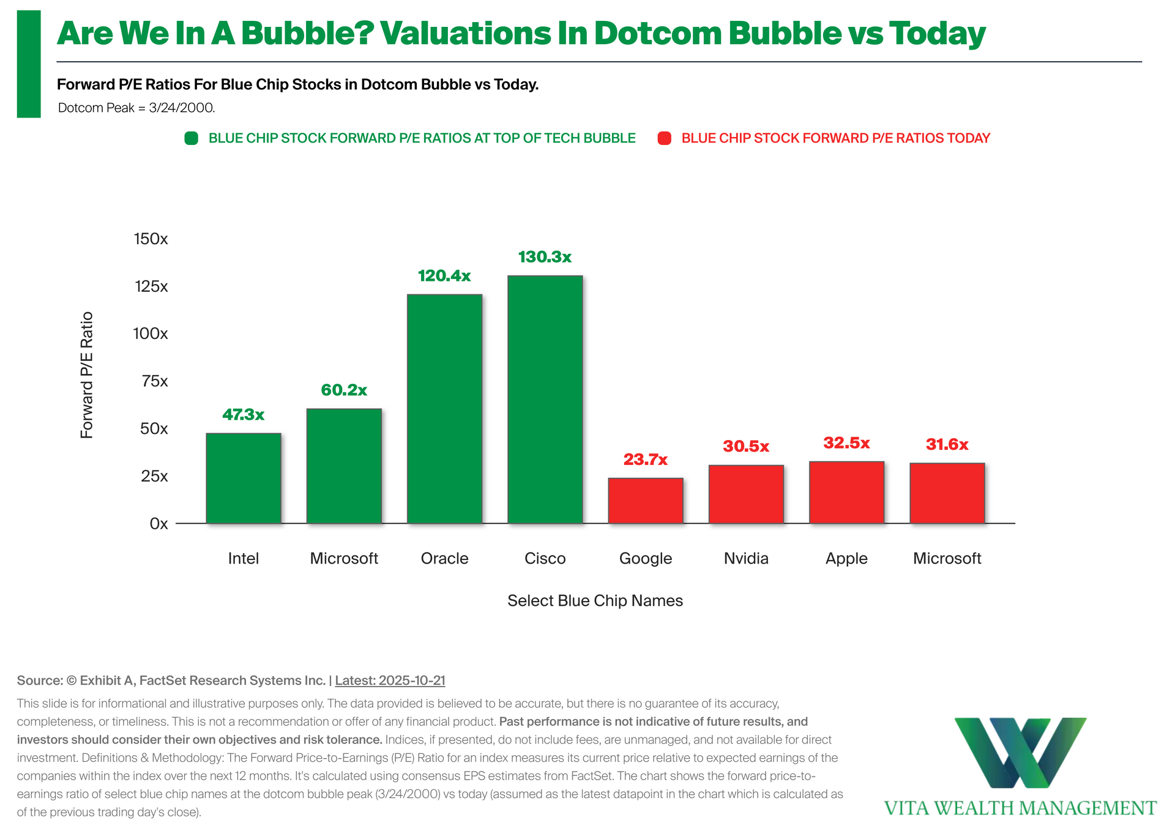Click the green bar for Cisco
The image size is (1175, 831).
tap(545, 400)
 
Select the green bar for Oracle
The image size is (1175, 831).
tap(444, 409)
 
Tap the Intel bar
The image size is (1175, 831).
tap(244, 478)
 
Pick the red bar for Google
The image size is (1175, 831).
tap(645, 501)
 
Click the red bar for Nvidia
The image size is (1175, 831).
tap(746, 494)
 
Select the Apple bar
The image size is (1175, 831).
tap(846, 492)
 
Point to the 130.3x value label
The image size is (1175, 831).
tap(545, 257)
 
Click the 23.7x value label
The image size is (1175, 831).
tap(645, 459)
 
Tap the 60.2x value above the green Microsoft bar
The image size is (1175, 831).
tap(344, 390)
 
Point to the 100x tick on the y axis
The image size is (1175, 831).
tap(151, 334)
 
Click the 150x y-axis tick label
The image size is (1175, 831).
tap(151, 239)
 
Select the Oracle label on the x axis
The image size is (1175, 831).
tap(444, 558)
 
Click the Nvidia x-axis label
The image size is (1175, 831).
tap(746, 558)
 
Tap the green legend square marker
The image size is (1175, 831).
tap(192, 138)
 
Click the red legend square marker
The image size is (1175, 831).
tap(664, 138)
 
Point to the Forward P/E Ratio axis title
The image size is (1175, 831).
tap(87, 375)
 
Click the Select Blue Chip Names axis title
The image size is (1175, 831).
tap(595, 600)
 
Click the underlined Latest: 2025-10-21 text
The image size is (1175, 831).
tap(390, 680)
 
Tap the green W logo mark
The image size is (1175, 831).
tap(1020, 752)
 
